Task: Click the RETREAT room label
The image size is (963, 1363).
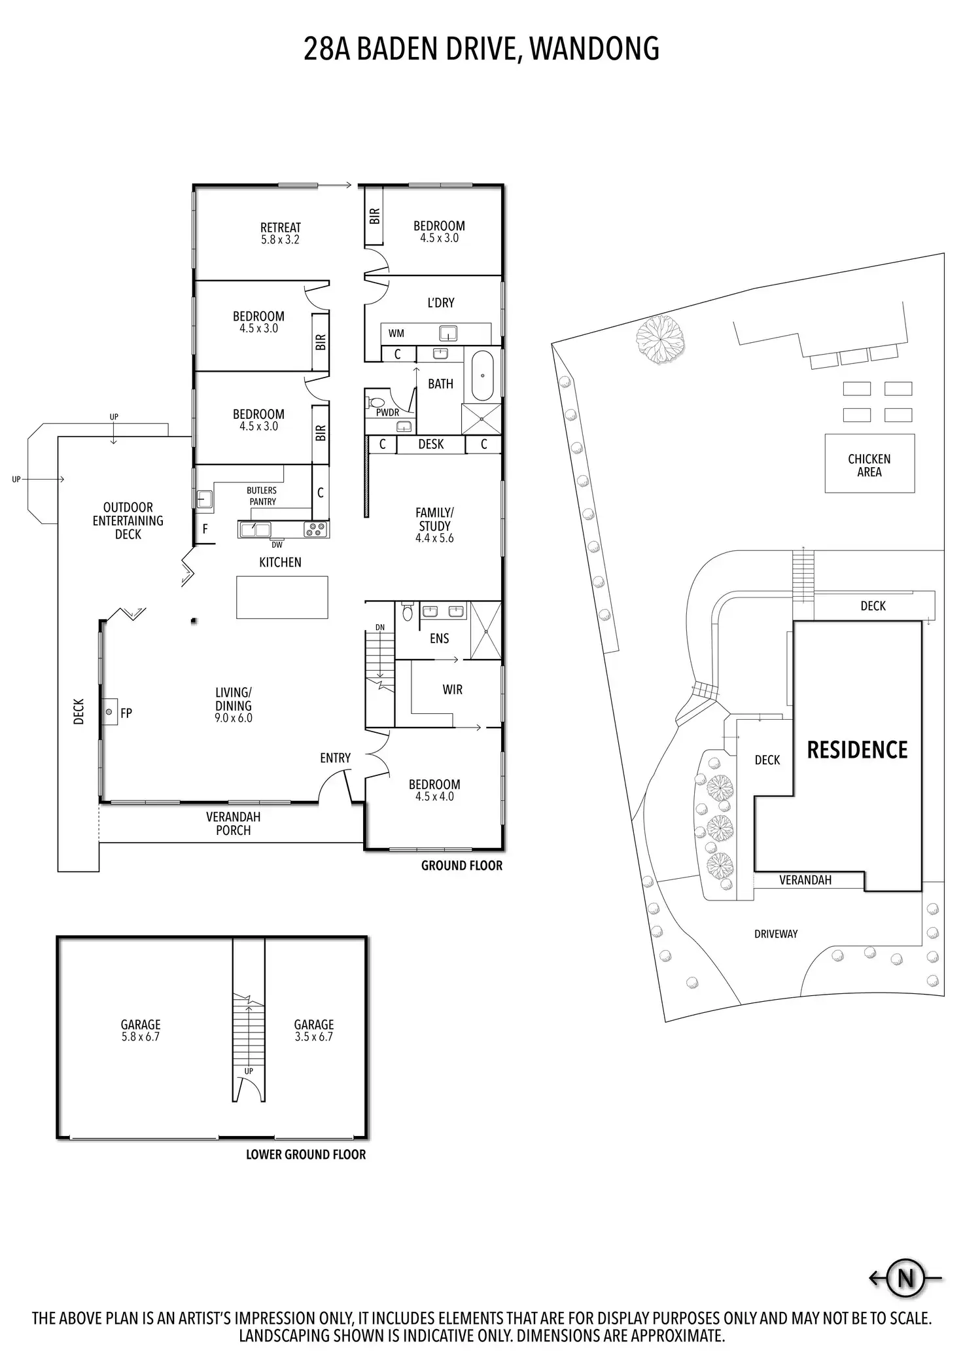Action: coord(281,228)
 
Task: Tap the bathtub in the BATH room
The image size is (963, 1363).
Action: coord(483,376)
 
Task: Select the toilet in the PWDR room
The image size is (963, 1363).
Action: coord(377,402)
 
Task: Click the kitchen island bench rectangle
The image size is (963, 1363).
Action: coord(282,597)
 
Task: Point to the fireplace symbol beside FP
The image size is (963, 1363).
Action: coord(109,712)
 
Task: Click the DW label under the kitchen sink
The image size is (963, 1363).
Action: coord(277,544)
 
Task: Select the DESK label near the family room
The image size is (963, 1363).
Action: coord(431,444)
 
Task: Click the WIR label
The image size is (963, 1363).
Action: coord(452,690)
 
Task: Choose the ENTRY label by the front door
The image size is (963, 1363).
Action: coord(335,758)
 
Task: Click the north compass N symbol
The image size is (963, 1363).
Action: coord(905,1277)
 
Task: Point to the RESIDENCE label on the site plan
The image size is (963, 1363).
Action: coord(857,750)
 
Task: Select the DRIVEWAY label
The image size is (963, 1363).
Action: coord(776,934)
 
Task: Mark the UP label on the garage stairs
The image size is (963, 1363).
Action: coord(249,1071)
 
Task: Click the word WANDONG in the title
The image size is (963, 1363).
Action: coord(594,49)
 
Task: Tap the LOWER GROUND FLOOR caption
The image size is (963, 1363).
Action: coord(306,1155)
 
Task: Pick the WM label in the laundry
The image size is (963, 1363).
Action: coord(396,334)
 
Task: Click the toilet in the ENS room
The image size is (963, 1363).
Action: coord(408,611)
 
